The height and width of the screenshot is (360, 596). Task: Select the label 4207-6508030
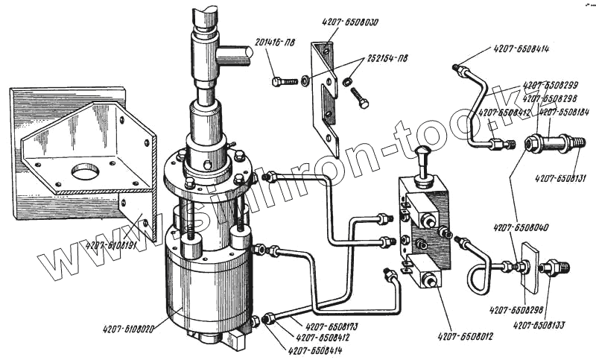pos(351,23)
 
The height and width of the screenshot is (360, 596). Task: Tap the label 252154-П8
pos(387,59)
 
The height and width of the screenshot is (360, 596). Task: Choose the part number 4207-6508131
pos(559,177)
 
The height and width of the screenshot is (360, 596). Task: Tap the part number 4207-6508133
pos(539,325)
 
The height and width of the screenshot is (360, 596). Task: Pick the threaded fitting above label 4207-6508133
pos(554,268)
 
